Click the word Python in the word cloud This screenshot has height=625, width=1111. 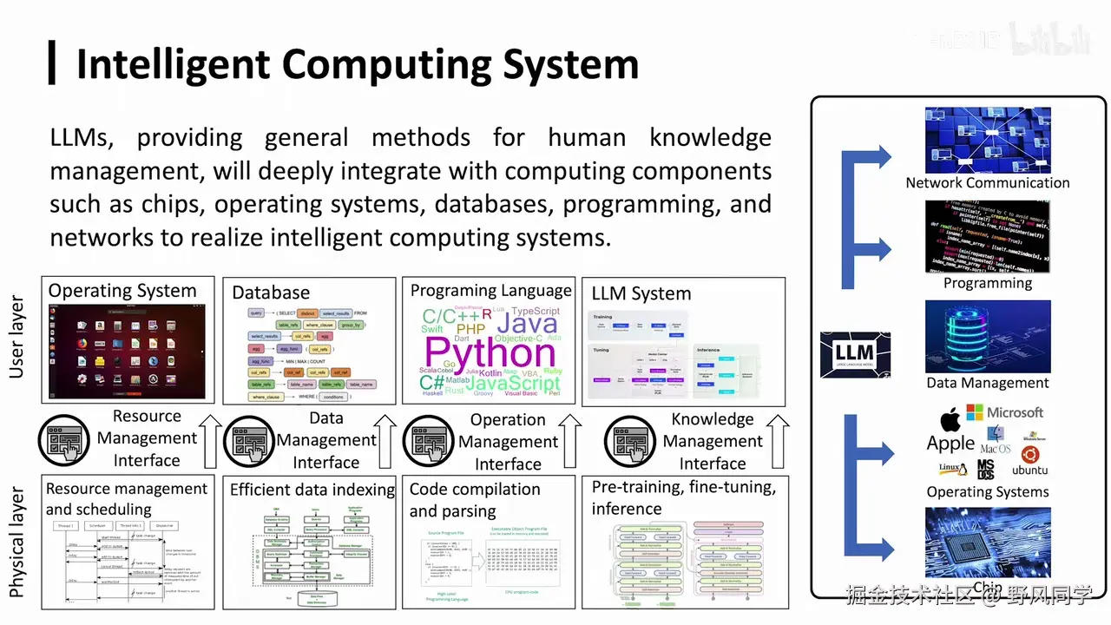[x=490, y=352]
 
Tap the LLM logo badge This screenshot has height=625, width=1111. [x=855, y=355]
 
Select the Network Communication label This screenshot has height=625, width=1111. [x=987, y=182]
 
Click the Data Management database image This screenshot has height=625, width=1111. [x=988, y=337]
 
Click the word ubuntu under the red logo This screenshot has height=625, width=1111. [x=1029, y=470]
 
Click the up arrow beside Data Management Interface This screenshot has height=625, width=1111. [x=387, y=441]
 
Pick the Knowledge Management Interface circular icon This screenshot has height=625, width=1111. [x=630, y=441]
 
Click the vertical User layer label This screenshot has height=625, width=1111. [x=16, y=338]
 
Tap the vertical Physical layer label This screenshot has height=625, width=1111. [x=16, y=543]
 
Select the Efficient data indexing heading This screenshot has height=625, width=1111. [x=312, y=490]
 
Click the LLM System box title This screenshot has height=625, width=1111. [x=641, y=293]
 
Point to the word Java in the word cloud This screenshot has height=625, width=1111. [x=527, y=324]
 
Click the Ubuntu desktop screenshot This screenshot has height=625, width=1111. [x=128, y=351]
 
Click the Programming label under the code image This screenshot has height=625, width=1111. [x=988, y=283]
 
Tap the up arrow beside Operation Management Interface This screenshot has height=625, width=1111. [x=570, y=441]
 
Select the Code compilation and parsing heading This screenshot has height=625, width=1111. [x=475, y=500]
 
